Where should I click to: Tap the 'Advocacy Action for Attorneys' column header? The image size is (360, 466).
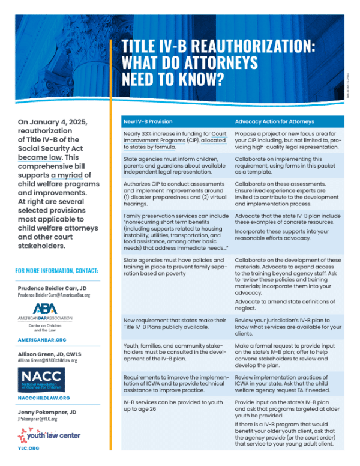(x=274, y=121)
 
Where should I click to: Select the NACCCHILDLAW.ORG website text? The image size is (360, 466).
(x=44, y=398)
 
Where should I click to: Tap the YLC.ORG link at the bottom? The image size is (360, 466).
(x=28, y=447)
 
